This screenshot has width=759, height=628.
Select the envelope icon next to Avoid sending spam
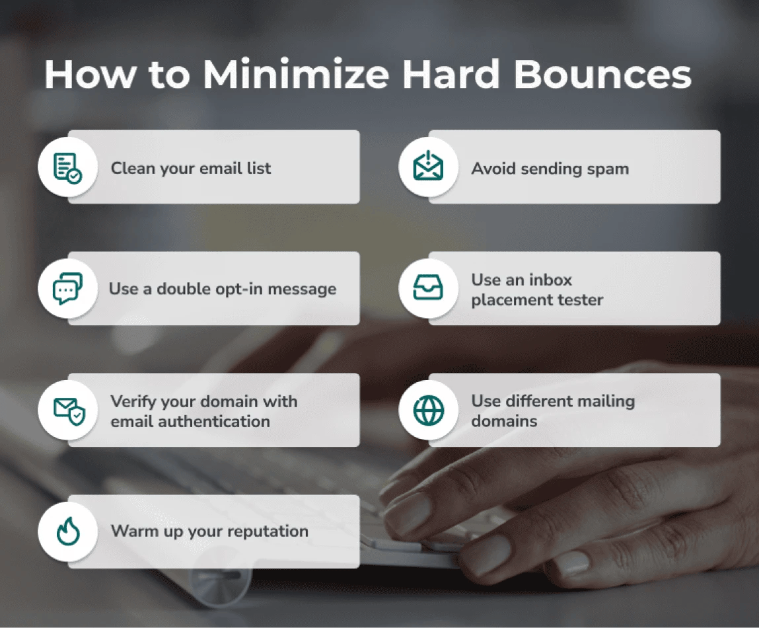429,168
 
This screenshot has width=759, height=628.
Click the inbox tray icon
429,289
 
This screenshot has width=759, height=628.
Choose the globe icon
429,411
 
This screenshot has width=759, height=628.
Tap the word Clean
131,169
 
